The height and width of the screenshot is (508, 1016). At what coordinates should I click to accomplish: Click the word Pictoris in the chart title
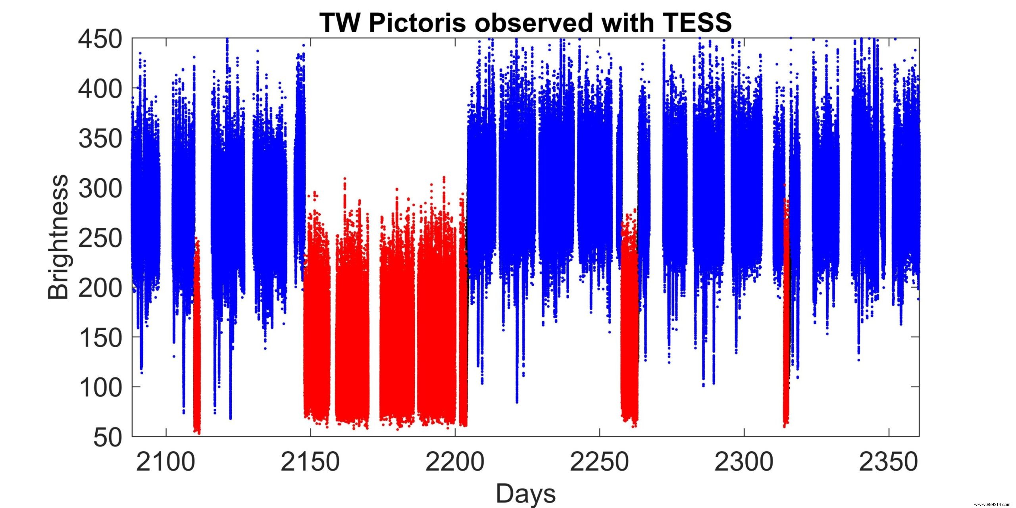pos(417,23)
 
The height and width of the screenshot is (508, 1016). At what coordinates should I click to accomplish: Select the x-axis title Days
pos(525,493)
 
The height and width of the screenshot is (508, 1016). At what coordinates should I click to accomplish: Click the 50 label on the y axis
pos(107,437)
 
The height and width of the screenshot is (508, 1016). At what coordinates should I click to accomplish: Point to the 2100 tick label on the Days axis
pos(165,462)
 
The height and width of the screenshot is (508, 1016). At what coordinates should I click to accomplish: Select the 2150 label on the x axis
pos(310,462)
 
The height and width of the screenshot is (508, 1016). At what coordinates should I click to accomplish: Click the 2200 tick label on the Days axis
pos(455,462)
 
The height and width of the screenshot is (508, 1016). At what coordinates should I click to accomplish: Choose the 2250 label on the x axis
pos(599,462)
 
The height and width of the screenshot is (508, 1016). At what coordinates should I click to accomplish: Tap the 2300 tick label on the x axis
pos(744,462)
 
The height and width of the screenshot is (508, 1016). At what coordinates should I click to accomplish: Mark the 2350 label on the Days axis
pos(889,462)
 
